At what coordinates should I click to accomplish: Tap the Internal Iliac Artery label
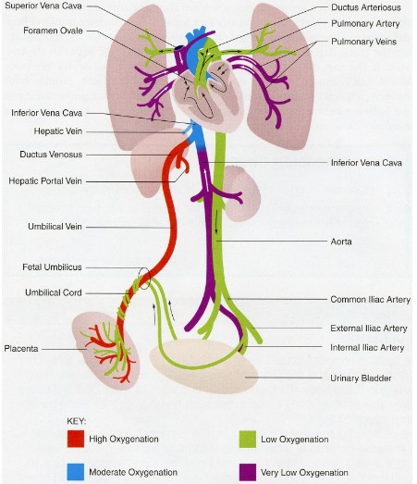367,348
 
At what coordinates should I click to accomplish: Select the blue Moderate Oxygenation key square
77,472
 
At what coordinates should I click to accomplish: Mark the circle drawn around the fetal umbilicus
141,277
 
